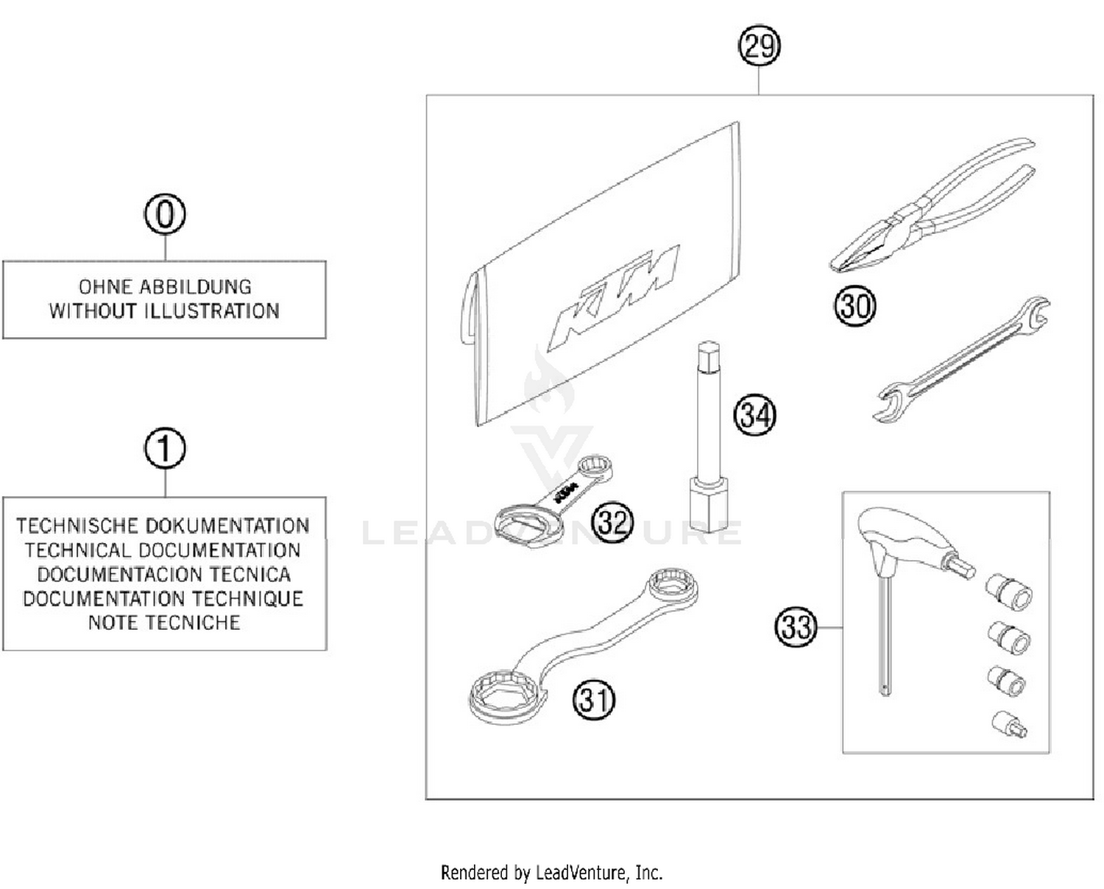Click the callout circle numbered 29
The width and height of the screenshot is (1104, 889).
click(x=759, y=46)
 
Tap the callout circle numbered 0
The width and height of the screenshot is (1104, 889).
click(x=165, y=215)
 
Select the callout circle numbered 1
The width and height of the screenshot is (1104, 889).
click(x=165, y=449)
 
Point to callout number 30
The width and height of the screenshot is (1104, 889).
click(x=854, y=305)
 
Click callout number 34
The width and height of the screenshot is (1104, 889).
click(x=754, y=415)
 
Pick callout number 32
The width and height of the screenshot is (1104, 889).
click(x=612, y=523)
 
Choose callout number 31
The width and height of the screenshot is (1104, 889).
click(x=593, y=699)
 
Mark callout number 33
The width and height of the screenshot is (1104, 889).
click(x=796, y=627)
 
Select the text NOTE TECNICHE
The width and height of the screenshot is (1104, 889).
click(x=164, y=623)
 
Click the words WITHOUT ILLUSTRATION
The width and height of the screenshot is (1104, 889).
click(x=164, y=311)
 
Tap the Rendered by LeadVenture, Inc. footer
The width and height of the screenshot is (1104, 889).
click(x=551, y=873)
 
